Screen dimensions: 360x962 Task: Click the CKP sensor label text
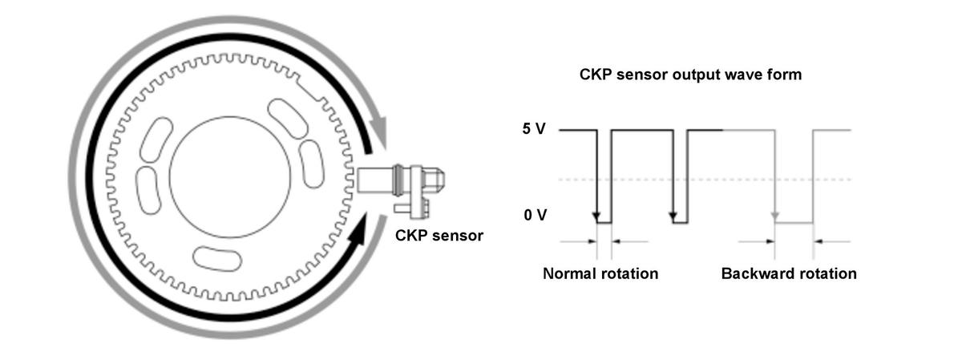439,236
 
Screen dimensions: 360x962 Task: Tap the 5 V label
533,129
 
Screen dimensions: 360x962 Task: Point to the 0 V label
533,216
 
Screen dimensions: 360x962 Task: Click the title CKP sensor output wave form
690,75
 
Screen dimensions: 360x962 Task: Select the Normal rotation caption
600,273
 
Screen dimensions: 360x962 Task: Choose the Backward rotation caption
789,273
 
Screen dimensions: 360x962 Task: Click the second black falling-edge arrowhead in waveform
673,216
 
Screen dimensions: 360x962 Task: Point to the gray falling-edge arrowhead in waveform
774,216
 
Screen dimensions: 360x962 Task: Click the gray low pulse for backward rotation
794,222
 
